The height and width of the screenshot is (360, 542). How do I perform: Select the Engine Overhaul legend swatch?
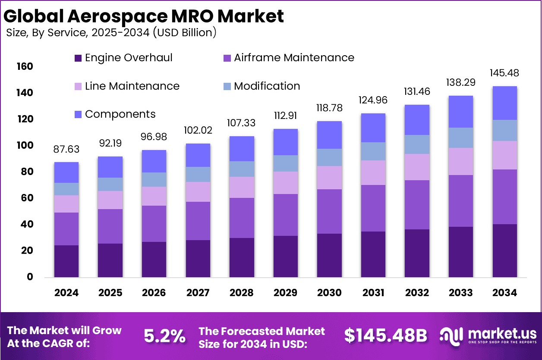[x=78, y=58]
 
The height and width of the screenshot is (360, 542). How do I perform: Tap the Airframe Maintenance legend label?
[x=294, y=58]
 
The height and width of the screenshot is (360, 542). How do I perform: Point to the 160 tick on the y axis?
[x=25, y=66]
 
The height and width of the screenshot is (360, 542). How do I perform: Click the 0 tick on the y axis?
[x=30, y=277]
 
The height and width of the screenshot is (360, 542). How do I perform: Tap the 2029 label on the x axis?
[x=285, y=293]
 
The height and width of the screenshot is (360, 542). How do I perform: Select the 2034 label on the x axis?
[x=504, y=293]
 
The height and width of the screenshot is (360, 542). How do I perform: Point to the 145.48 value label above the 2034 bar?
[x=504, y=73]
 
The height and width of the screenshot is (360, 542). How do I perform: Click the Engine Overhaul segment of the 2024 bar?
[x=66, y=261]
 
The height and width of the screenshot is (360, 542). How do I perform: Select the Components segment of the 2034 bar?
[x=504, y=103]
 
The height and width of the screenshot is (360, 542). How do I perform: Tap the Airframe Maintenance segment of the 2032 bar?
[x=417, y=204]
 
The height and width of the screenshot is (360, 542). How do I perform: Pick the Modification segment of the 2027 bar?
[x=198, y=174]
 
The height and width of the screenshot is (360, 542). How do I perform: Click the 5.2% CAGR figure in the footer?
[x=164, y=335]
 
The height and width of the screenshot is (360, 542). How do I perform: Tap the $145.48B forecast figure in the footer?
[x=385, y=335]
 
